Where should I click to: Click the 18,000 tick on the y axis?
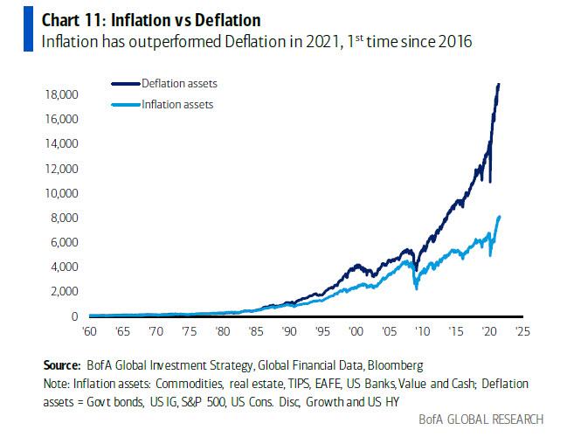[61, 94]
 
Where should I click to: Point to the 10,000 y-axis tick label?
[61, 192]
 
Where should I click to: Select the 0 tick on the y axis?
[75, 316]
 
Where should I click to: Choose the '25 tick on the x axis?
[521, 332]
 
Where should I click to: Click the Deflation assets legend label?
[179, 83]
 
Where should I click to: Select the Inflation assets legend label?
[177, 105]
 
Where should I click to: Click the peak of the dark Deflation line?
[499, 84]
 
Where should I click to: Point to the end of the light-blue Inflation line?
[499, 217]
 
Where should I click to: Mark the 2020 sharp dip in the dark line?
[489, 182]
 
